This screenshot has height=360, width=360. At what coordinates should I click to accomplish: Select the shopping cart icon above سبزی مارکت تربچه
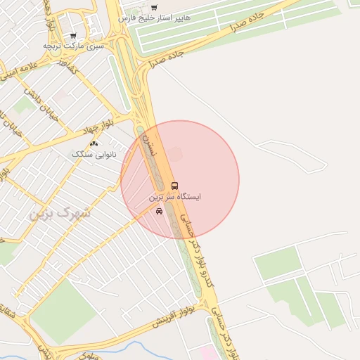[73, 35]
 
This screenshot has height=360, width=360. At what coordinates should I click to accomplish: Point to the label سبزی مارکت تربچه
[73, 45]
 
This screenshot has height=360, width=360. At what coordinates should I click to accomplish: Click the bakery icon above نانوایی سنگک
[94, 143]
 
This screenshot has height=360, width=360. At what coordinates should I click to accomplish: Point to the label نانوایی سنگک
[89, 153]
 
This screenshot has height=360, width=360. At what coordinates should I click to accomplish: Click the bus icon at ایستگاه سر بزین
[174, 186]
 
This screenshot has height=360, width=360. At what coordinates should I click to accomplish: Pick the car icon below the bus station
[160, 211]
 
